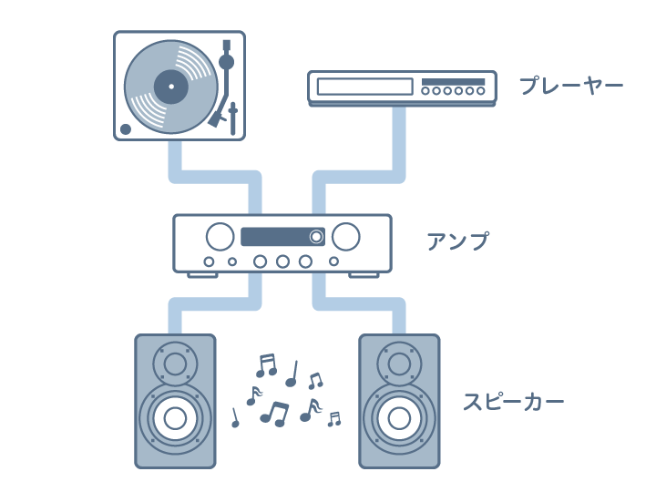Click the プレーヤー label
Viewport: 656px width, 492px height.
pyautogui.click(x=570, y=87)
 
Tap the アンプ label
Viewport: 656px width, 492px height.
pyautogui.click(x=457, y=241)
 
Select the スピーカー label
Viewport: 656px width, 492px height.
pyautogui.click(x=513, y=402)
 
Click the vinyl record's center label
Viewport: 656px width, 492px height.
pyautogui.click(x=170, y=87)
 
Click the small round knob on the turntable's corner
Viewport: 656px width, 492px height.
pyautogui.click(x=126, y=128)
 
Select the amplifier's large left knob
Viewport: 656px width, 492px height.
pyautogui.click(x=220, y=237)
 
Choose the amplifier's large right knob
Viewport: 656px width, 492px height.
pyautogui.click(x=345, y=237)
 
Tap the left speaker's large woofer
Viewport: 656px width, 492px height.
pyautogui.click(x=175, y=418)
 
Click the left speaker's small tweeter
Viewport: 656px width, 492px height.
pyautogui.click(x=175, y=364)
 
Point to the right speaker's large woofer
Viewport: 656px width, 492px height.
pyautogui.click(x=399, y=418)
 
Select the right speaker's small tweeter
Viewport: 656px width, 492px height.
pyautogui.click(x=399, y=364)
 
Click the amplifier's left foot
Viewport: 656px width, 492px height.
pyautogui.click(x=201, y=274)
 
